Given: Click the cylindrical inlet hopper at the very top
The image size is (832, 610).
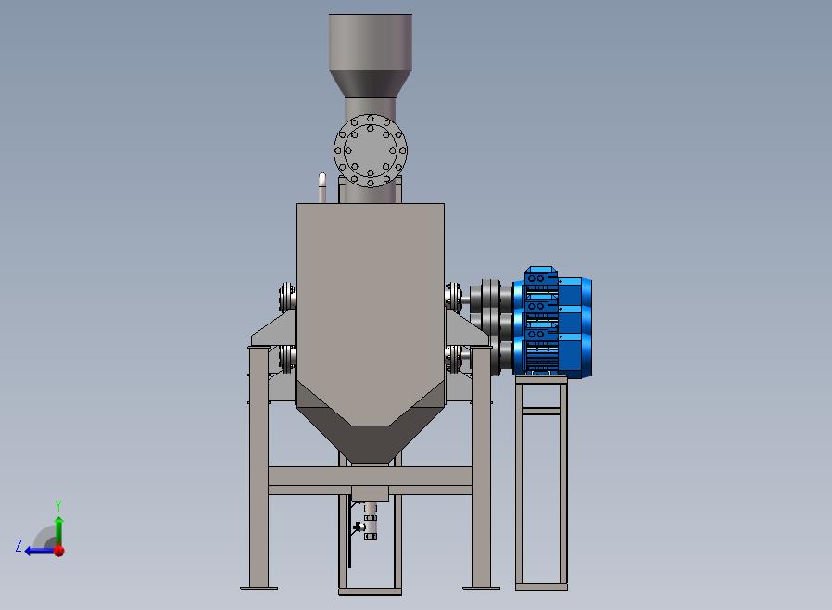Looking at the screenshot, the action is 371,42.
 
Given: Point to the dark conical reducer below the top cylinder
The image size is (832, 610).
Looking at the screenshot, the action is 371,83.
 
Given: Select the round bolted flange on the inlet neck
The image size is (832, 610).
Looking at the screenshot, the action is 371,151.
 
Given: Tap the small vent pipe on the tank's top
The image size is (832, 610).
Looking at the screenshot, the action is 322,187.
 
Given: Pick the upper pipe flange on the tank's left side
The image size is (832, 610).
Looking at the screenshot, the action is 287,297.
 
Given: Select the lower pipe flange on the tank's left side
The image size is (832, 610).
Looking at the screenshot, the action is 287,359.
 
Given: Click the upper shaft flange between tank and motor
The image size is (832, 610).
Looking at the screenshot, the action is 454,297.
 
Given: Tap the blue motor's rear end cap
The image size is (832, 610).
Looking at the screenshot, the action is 586,327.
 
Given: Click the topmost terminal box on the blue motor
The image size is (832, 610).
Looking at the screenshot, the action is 540,277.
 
